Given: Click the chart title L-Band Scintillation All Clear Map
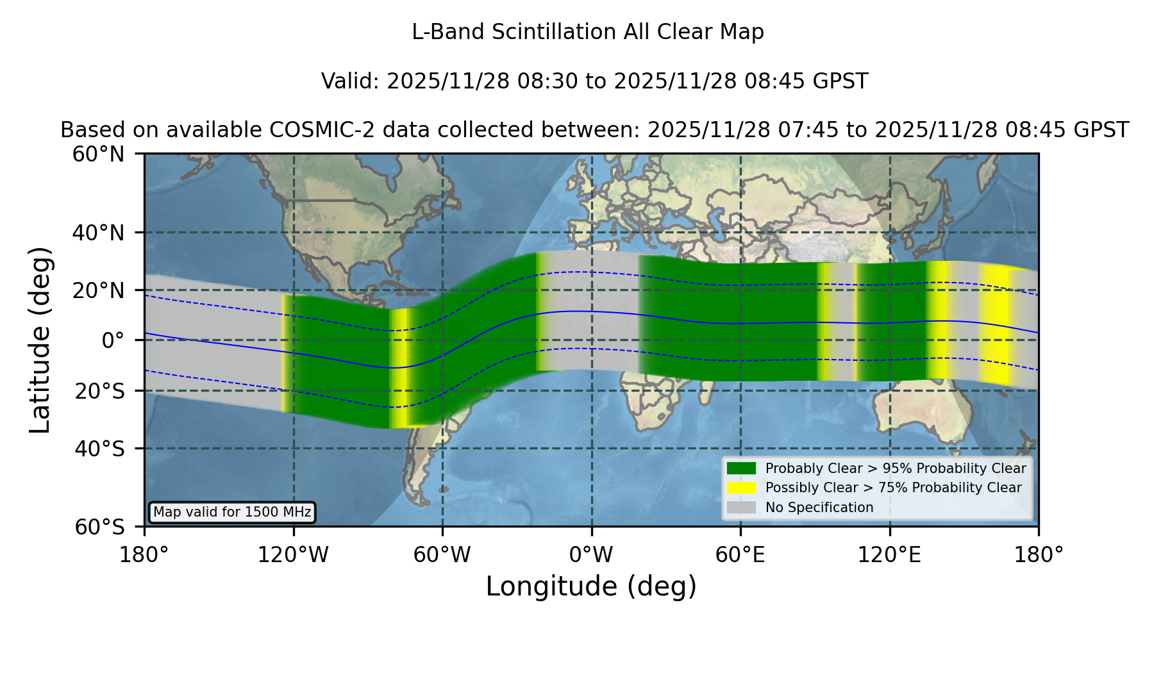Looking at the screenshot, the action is (588, 32).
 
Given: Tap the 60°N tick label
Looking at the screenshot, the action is (99, 154).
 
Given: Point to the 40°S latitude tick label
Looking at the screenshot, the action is (99, 449).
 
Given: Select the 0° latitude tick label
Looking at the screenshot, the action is (113, 340).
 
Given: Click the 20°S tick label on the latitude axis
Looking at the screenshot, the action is (99, 391).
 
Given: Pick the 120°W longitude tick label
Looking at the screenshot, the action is (293, 555).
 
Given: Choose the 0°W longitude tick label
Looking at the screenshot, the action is (591, 555).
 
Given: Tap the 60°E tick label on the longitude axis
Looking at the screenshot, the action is (740, 555).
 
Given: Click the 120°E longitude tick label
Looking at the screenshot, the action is (889, 555).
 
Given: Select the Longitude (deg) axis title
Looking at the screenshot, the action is (591, 586).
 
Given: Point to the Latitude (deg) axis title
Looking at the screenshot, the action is (40, 340).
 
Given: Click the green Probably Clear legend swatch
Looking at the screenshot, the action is (741, 469).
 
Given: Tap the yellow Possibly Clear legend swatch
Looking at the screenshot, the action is (741, 488).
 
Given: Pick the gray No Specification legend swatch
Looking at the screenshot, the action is (741, 508).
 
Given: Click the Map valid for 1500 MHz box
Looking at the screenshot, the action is (232, 512).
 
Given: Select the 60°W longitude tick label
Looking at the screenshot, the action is (442, 555).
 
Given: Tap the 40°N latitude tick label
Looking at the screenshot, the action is (99, 233).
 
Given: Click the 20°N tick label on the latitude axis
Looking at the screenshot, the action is (99, 291).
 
